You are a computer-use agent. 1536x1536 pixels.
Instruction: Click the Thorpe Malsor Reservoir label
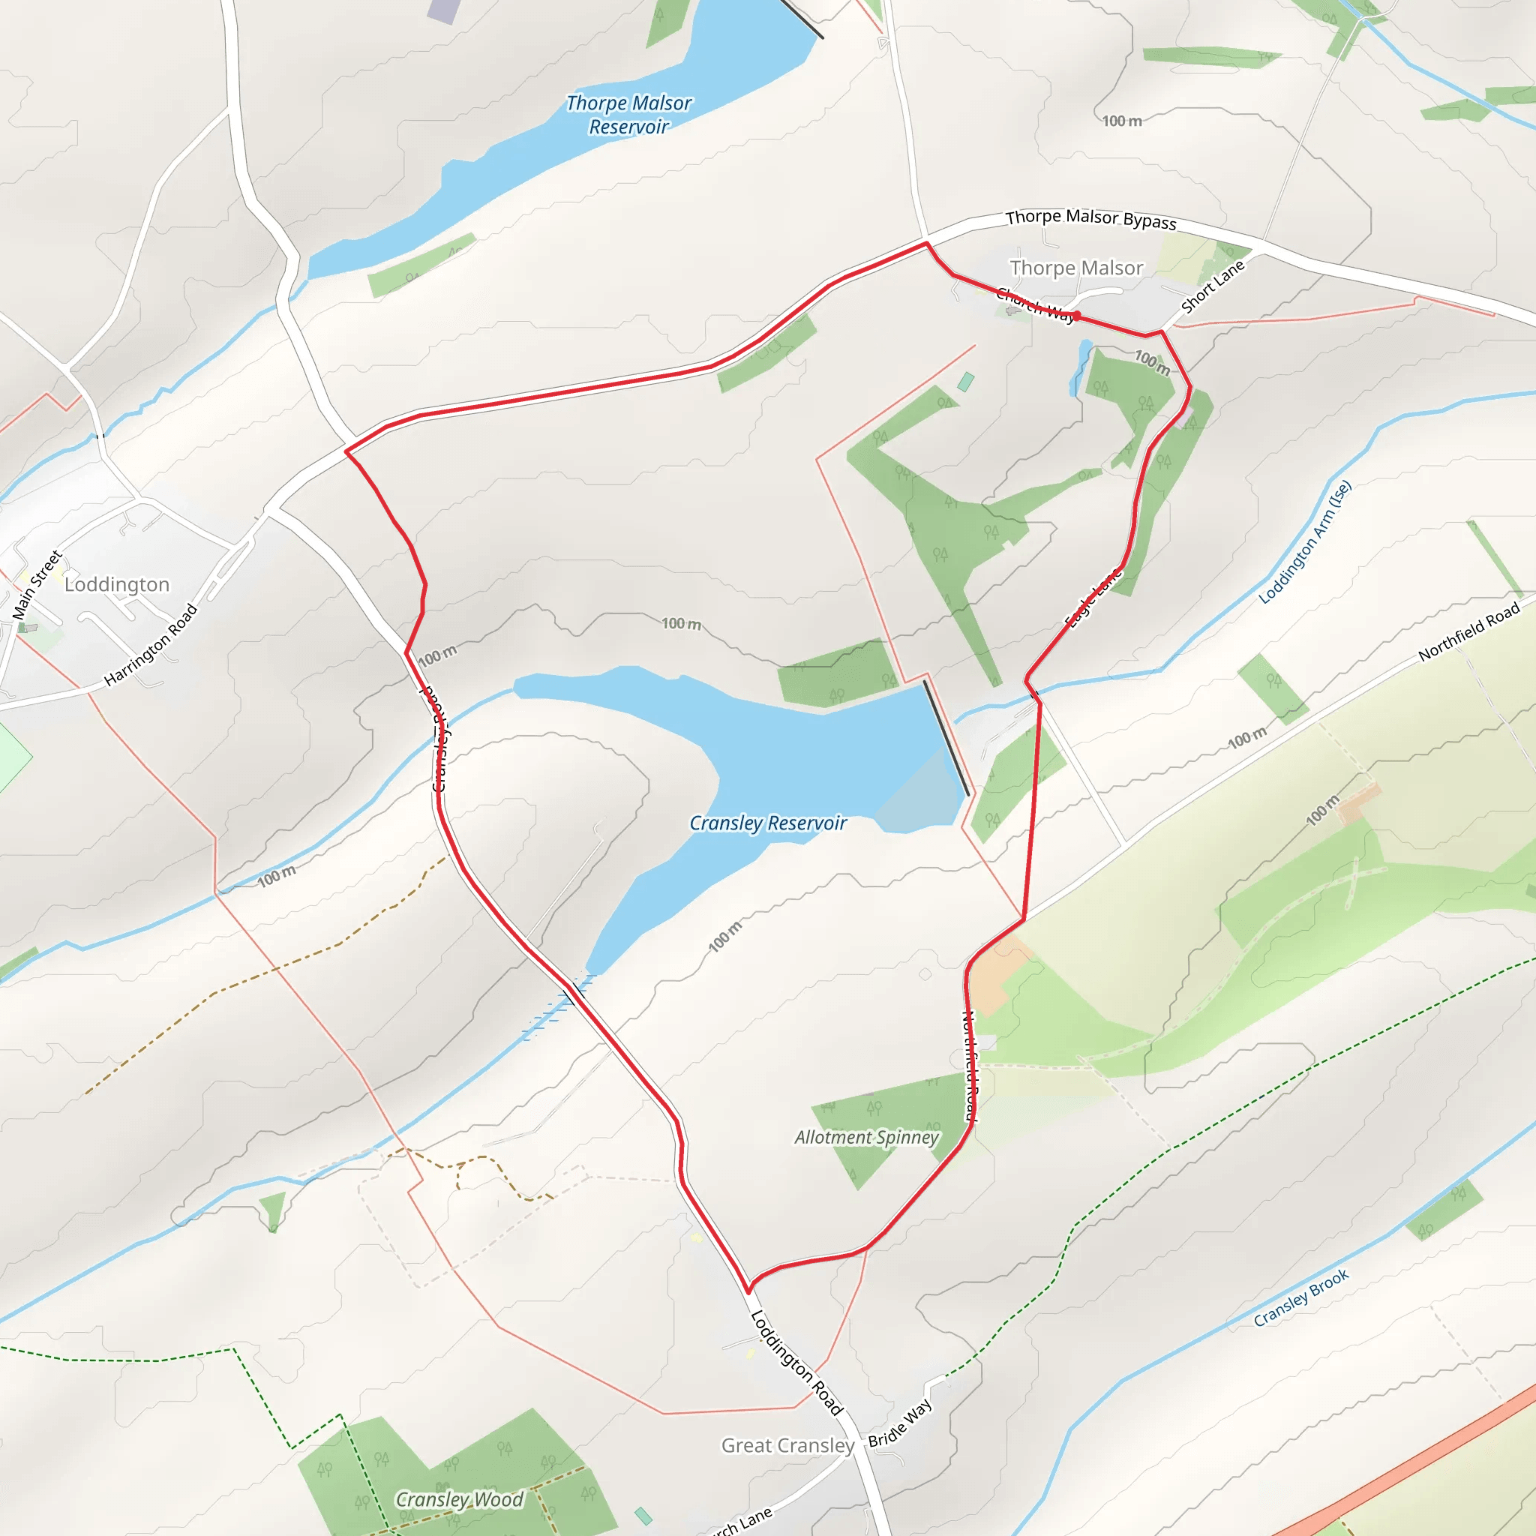point(628,115)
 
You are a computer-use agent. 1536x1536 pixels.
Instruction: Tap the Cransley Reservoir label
point(767,823)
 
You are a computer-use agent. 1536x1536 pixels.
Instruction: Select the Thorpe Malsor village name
point(1076,268)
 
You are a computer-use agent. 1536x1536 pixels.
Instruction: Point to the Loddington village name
point(117,584)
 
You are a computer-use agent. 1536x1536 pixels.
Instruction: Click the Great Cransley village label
point(787,1445)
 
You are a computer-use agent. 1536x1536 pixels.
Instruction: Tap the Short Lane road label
point(1213,287)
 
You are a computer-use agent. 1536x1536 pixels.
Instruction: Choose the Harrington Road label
point(150,645)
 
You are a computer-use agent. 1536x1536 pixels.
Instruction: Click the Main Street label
point(37,585)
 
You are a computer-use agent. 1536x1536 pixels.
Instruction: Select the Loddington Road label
point(796,1363)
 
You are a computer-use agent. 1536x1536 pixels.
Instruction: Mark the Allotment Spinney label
point(866,1138)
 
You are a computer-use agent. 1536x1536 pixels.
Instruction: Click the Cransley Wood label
point(460,1499)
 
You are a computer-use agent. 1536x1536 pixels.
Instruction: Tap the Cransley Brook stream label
point(1300,1297)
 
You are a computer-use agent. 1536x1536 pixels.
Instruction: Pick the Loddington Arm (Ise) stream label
point(1305,542)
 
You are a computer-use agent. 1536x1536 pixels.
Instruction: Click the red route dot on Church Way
point(1076,316)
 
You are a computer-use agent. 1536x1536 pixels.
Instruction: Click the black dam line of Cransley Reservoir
point(946,738)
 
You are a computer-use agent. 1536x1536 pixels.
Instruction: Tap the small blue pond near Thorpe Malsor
point(1081,366)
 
